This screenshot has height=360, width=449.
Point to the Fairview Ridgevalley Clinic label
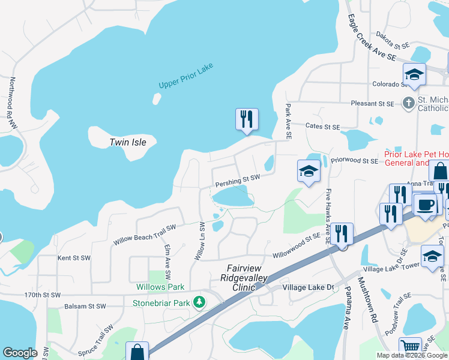tap(246, 275)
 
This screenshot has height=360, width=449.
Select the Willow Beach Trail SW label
tap(145, 235)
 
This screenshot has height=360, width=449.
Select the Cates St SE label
tap(322, 127)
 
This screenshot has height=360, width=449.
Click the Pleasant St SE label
tap(372, 103)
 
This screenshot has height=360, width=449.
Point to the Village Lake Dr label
tap(308, 288)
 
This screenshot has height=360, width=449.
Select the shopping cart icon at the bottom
tap(411, 347)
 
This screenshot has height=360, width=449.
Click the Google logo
tap(20, 353)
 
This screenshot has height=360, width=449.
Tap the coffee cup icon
tap(425, 205)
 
